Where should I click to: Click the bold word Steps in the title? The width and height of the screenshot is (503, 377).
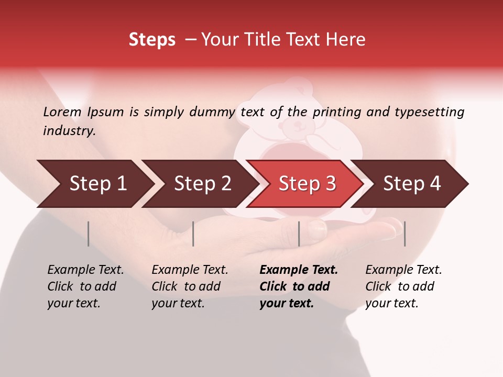(152, 39)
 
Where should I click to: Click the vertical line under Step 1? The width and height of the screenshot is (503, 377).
(89, 234)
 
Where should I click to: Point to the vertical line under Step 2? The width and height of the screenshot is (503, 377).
(193, 234)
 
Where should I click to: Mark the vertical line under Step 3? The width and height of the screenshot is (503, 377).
(299, 234)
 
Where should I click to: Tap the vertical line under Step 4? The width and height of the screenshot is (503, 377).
(404, 234)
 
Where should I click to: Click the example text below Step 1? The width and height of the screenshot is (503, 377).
(85, 286)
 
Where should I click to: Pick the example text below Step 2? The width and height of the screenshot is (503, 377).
(190, 286)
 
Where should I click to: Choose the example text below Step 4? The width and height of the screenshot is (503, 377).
(403, 286)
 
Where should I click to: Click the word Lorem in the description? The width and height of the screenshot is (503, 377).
(62, 112)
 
